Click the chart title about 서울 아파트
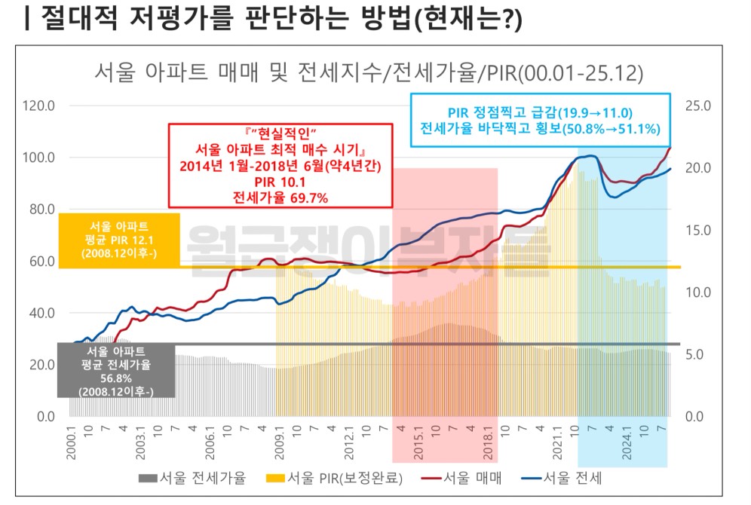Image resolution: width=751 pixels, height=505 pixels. point(368,73)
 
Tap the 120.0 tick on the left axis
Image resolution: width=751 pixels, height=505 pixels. point(41,106)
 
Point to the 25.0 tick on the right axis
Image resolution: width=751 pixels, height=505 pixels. point(698,106)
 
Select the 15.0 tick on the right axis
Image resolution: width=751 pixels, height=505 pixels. point(698,230)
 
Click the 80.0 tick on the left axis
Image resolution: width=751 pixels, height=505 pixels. point(41,209)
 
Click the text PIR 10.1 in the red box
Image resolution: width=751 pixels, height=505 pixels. point(280,182)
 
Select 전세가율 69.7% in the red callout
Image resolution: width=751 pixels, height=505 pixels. point(280,197)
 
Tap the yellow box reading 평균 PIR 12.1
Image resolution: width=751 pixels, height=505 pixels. point(118,240)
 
